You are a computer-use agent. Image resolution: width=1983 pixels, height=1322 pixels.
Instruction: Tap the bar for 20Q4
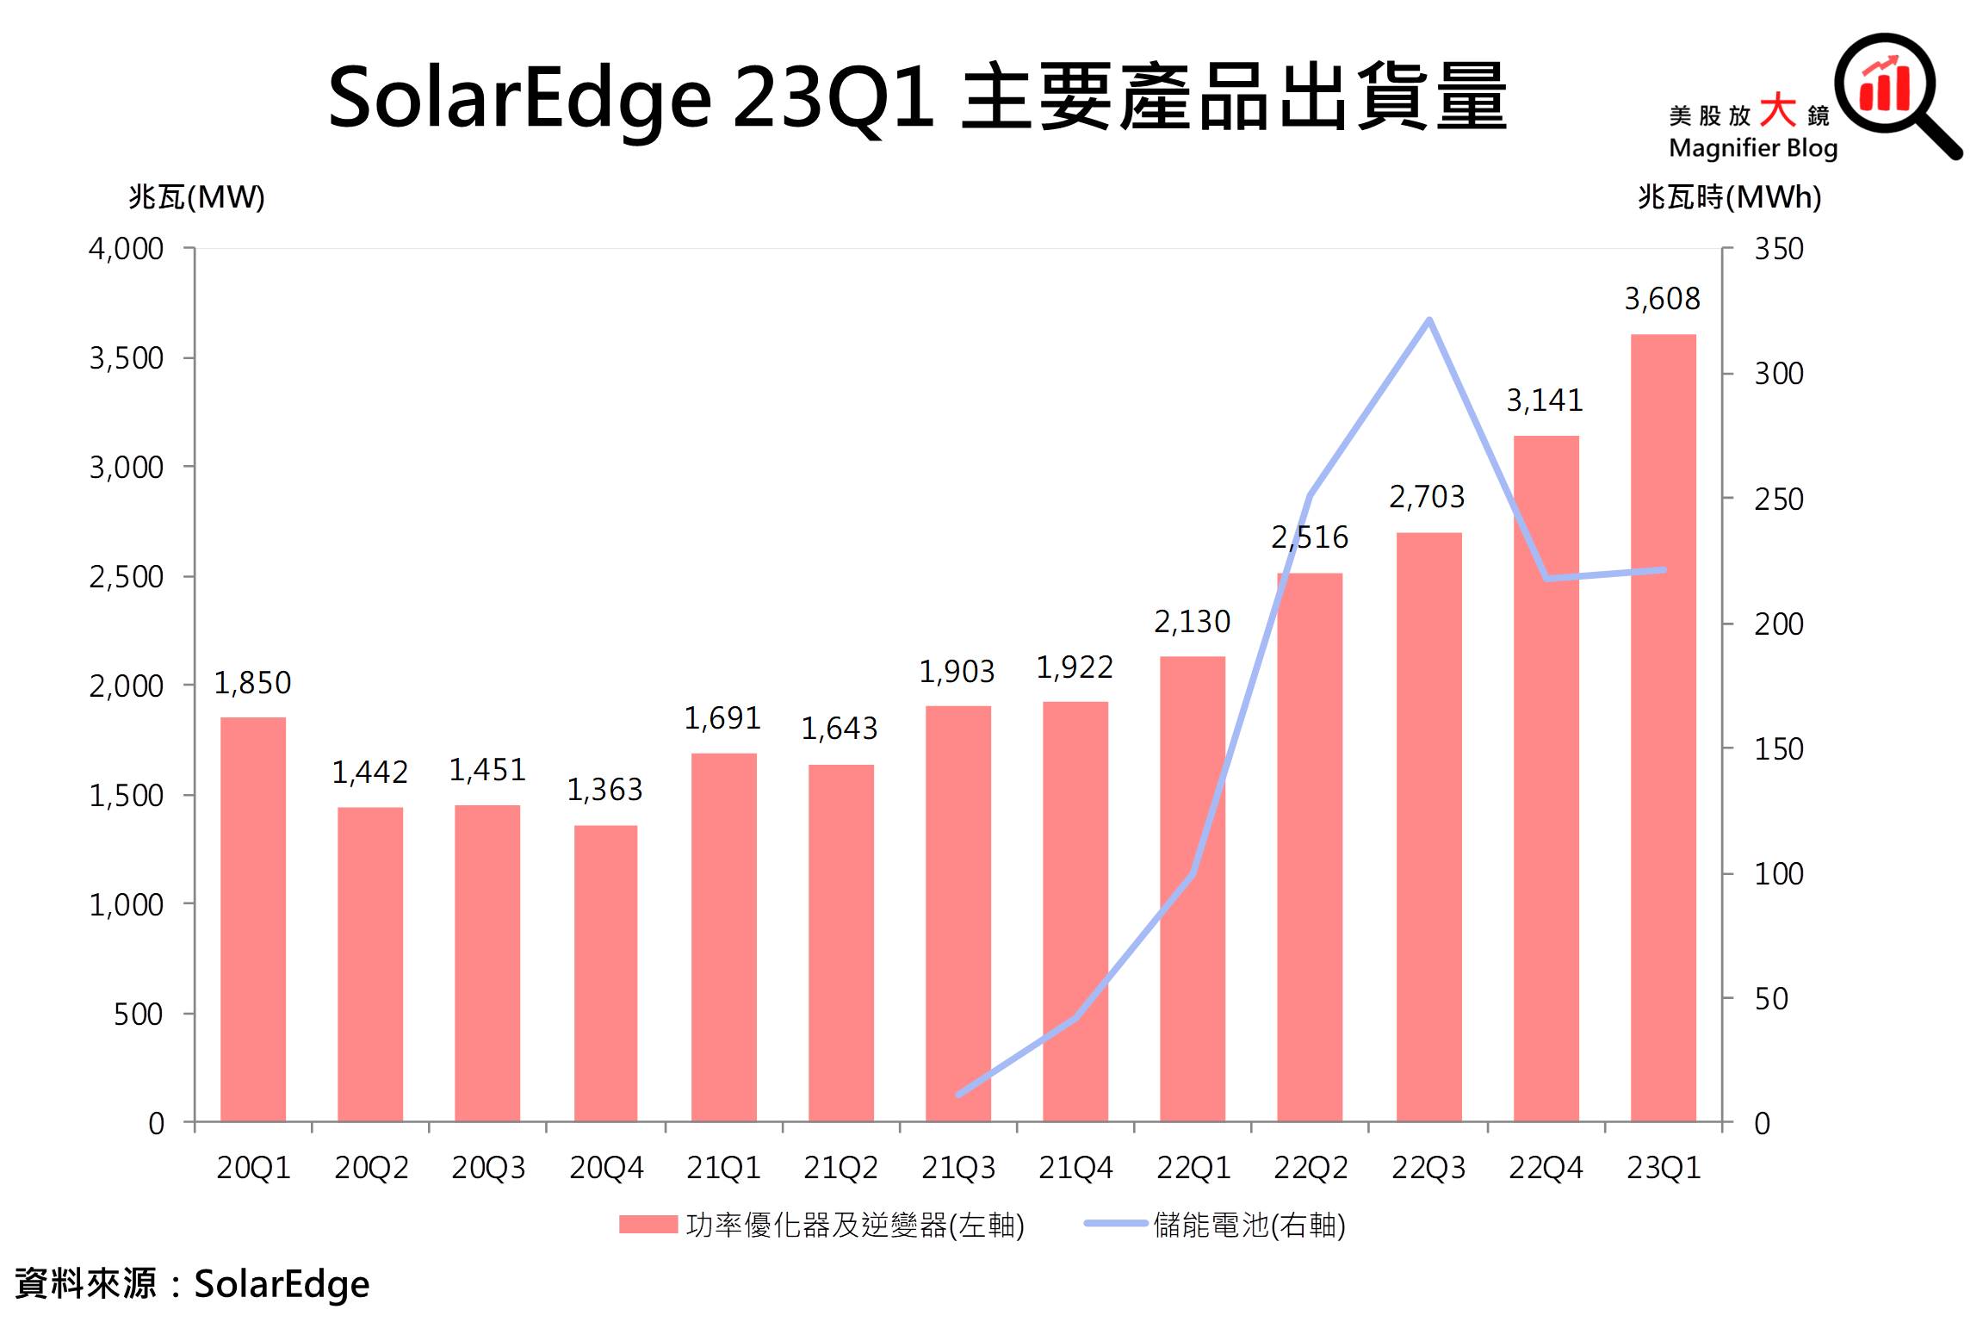click(x=605, y=973)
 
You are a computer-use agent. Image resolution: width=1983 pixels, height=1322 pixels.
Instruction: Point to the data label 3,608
click(x=1662, y=299)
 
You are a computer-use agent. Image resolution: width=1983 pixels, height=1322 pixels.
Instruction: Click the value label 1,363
click(x=604, y=790)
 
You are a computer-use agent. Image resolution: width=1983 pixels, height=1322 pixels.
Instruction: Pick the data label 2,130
click(x=1192, y=622)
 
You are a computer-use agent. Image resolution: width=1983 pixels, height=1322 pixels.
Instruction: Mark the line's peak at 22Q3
click(x=1428, y=320)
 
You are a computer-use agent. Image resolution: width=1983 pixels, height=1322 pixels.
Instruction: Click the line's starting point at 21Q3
click(x=958, y=1095)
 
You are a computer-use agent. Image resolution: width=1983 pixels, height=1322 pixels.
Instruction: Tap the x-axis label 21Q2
click(x=840, y=1168)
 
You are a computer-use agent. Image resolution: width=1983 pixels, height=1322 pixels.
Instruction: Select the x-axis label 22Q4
click(x=1546, y=1168)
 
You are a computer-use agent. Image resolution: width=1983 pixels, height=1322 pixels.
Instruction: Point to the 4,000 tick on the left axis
click(x=126, y=249)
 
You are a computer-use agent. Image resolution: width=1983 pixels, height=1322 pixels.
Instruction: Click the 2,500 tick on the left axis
click(x=126, y=577)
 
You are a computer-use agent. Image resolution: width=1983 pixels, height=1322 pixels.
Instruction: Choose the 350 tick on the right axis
click(x=1779, y=249)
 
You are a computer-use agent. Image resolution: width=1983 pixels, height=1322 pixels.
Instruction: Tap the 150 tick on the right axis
click(x=1779, y=749)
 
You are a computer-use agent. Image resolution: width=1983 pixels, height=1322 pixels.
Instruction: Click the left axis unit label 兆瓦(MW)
click(x=196, y=197)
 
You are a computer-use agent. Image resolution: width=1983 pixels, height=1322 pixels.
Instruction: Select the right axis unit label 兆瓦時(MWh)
click(x=1729, y=197)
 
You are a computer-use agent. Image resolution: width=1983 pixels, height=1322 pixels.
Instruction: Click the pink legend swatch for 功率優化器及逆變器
click(x=648, y=1225)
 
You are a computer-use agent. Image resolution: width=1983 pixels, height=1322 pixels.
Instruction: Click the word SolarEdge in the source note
click(x=282, y=1284)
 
